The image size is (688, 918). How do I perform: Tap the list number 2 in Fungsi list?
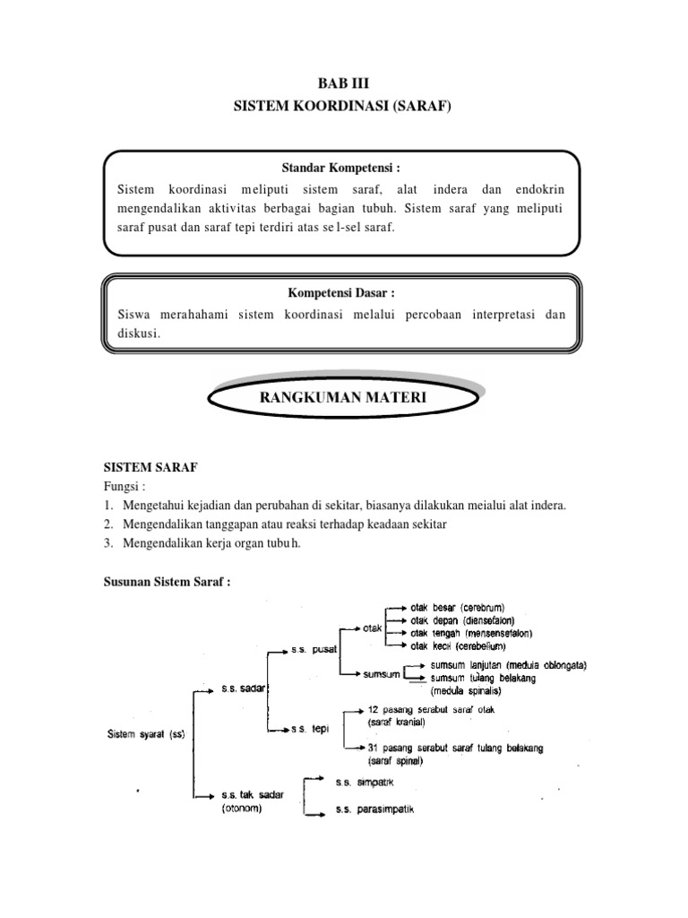tap(107, 524)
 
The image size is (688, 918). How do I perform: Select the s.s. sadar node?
tap(241, 688)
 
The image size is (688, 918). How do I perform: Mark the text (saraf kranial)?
tap(396, 722)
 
